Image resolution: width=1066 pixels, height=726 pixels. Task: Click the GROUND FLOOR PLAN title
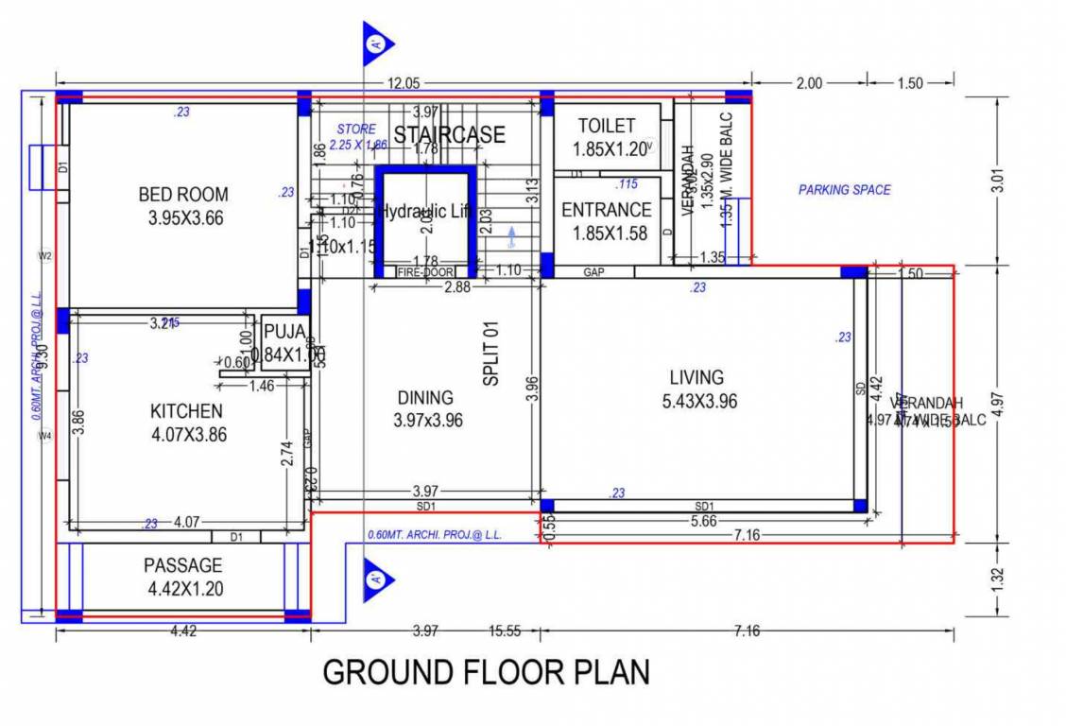point(486,672)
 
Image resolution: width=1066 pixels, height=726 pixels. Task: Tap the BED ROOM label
point(182,195)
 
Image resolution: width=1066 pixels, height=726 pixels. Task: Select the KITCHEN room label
point(186,411)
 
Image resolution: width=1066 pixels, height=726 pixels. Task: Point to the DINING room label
point(424,398)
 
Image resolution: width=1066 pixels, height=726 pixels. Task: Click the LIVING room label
point(696,377)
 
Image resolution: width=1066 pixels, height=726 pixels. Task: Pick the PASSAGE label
point(182,565)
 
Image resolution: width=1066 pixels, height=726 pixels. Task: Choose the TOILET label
point(607,126)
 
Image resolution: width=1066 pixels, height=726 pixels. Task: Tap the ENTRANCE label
point(606,210)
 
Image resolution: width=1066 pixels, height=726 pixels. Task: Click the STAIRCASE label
point(449,135)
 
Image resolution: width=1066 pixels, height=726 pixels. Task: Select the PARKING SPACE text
point(844,190)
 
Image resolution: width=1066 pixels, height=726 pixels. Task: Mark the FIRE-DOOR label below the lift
point(424,272)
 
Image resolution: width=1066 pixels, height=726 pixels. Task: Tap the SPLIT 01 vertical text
point(490,353)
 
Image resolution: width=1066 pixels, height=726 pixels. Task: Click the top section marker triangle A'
point(376,43)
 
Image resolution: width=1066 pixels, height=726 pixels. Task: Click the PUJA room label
point(284,332)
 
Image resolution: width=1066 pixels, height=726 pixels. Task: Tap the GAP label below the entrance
point(593,272)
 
